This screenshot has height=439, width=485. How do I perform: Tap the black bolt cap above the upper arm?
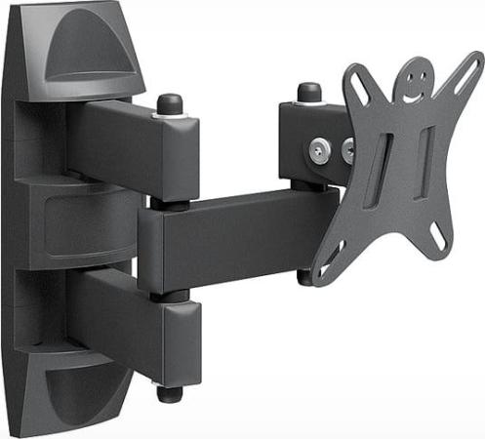click(170, 101)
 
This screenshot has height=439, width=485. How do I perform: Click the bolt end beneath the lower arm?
click(171, 394)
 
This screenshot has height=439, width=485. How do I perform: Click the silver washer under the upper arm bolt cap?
click(171, 114)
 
